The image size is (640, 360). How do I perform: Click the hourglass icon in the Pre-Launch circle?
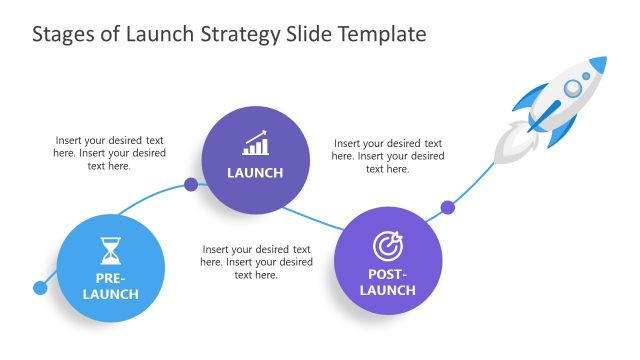pos(109,251)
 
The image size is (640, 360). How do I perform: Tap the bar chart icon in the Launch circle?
pos(255,143)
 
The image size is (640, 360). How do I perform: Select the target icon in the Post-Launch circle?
pos(387,246)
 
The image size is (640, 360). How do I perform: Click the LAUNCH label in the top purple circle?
pos(255,173)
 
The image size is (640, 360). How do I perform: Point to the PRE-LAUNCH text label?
pos(110,286)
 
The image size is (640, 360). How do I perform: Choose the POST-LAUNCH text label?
pos(387,282)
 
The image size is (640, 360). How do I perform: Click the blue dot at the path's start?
pos(40,288)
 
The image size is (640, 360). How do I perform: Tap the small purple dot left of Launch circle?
pos(191,184)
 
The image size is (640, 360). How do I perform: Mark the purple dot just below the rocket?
pos(448,207)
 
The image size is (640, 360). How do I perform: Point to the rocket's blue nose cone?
pos(597,65)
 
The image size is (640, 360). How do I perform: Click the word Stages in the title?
pos(62,34)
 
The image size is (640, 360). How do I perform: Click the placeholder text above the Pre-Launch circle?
pos(109,153)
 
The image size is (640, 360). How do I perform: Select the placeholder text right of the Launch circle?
pos(387,156)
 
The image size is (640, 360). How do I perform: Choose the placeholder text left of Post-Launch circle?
pos(255,262)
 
